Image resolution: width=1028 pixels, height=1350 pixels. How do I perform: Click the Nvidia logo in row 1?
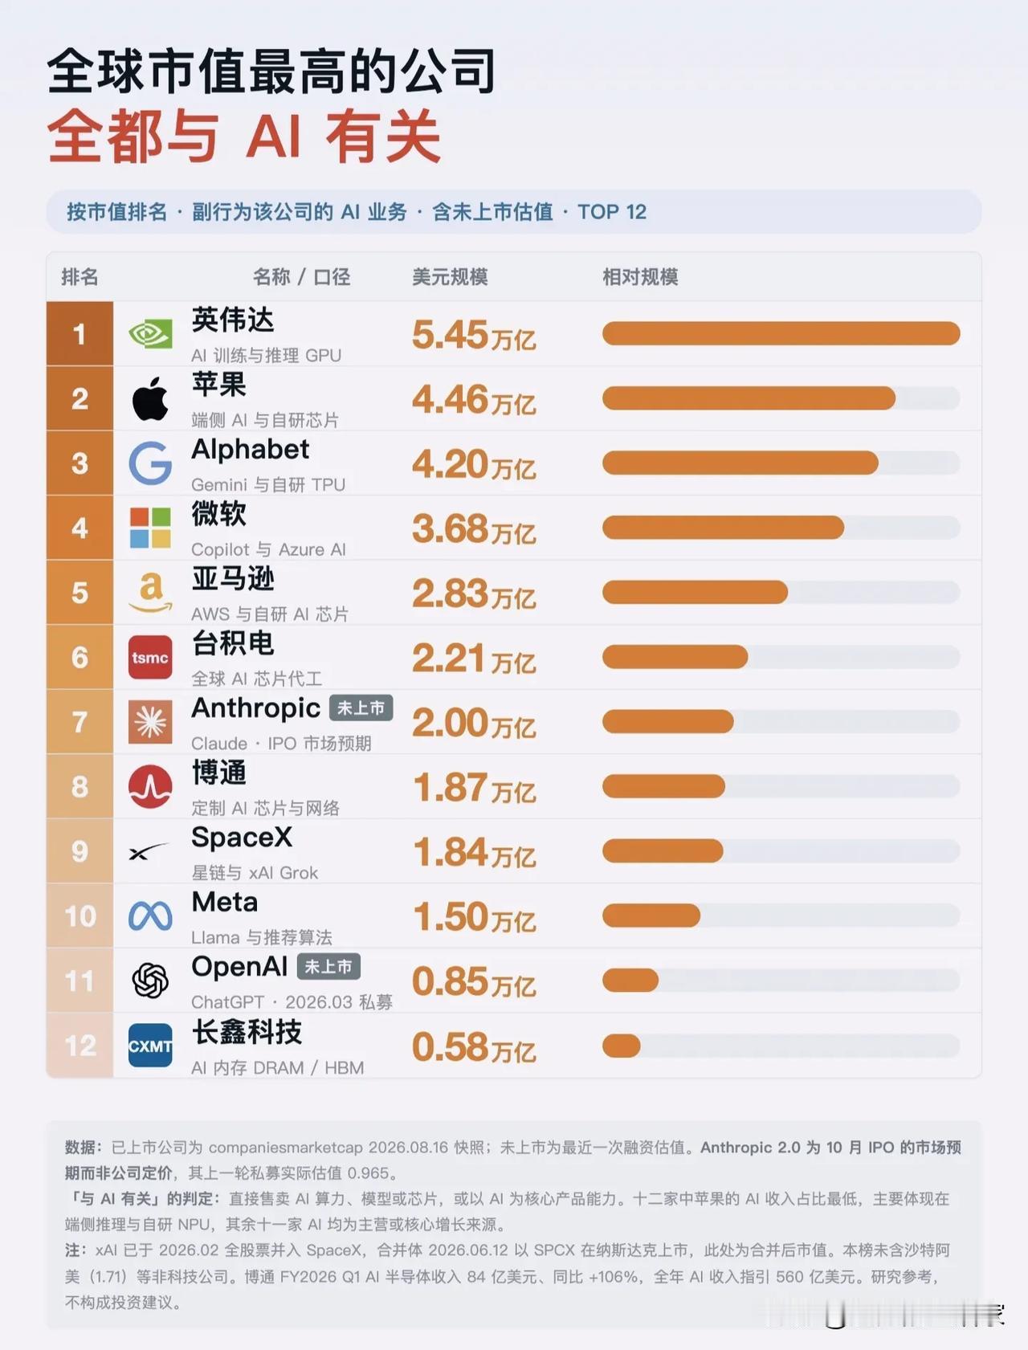tap(150, 334)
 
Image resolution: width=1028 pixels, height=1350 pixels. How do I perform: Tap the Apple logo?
tap(150, 398)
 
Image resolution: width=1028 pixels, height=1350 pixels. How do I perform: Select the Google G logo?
tap(150, 463)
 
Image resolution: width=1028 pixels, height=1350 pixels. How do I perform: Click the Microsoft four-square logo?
tap(150, 528)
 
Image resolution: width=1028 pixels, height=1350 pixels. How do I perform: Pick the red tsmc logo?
tap(150, 658)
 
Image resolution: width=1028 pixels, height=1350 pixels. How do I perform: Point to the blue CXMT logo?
tap(150, 1046)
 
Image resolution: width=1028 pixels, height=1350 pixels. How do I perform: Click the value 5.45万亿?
tap(474, 335)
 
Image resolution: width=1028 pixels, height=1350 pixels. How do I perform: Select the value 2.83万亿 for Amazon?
tap(474, 593)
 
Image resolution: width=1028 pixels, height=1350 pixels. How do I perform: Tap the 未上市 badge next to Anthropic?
tap(361, 708)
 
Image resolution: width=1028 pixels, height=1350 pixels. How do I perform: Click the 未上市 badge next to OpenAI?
tap(328, 966)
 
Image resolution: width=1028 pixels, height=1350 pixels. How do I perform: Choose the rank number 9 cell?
tap(80, 851)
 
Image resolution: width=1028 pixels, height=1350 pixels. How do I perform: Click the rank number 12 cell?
tap(80, 1046)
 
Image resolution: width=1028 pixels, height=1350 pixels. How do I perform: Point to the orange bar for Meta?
tap(651, 916)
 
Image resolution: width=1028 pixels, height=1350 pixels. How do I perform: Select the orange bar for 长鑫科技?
tap(622, 1046)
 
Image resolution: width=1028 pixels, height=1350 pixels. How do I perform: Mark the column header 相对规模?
tap(640, 277)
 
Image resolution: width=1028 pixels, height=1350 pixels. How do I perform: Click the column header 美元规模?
tap(450, 277)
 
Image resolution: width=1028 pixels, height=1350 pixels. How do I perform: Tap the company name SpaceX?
tap(242, 837)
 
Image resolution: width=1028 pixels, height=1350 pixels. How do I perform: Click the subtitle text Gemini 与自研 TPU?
tap(268, 484)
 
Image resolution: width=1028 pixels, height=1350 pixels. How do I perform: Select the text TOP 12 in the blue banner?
tap(612, 212)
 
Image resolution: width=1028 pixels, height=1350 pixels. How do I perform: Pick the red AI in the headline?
tap(273, 137)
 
